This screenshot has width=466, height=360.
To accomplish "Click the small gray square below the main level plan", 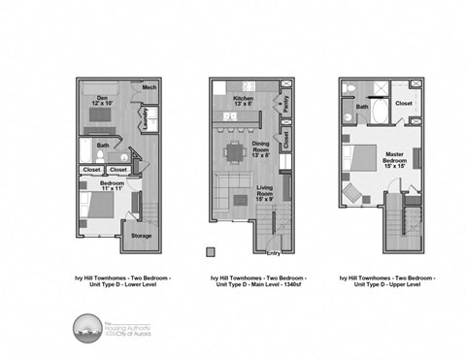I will click(210, 253).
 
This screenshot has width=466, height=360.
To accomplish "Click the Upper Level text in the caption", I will click(396, 284).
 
